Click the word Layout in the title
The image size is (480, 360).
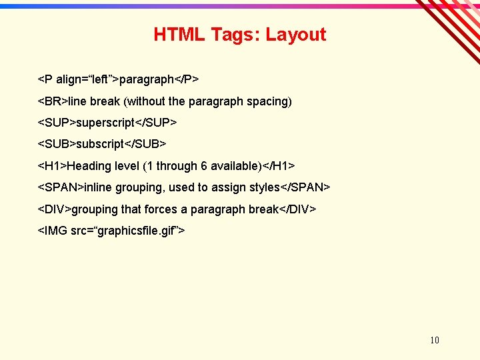click(x=296, y=35)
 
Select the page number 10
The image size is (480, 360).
click(x=435, y=340)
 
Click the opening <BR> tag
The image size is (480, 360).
click(x=53, y=101)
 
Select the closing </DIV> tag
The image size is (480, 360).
click(x=297, y=209)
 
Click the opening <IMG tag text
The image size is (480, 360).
click(x=53, y=231)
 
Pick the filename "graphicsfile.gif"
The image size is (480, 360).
click(x=136, y=231)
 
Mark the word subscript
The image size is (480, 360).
click(x=101, y=144)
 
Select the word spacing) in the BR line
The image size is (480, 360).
click(x=269, y=101)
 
